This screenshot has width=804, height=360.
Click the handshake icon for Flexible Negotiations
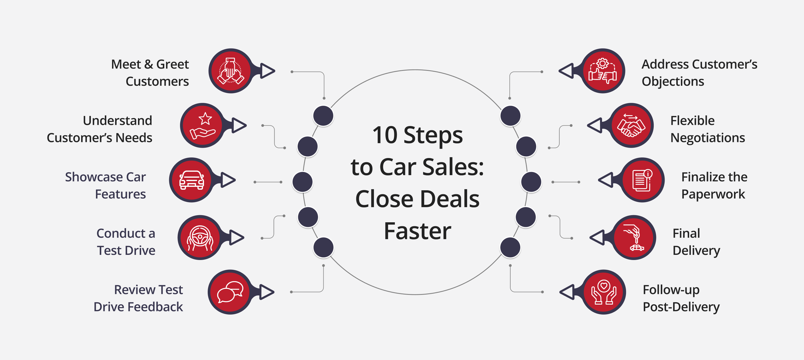coord(631,125)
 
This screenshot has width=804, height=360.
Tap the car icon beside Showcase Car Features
coord(192,180)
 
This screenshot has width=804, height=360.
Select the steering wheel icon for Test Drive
coord(200,238)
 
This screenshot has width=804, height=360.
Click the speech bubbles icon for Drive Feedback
coord(230,292)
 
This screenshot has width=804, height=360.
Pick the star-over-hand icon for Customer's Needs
coord(203,125)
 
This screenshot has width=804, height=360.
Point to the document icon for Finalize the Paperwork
coord(642,180)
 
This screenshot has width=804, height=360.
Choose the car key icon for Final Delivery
coord(634,238)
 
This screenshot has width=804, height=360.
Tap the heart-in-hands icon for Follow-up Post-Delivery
coord(604,292)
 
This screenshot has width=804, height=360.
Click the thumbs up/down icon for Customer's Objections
coord(603,71)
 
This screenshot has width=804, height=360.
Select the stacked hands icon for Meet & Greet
coord(231,71)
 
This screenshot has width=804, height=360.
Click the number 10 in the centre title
coord(385,135)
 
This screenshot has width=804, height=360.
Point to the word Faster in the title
coord(417,231)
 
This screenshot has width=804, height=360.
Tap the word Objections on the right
coord(673,81)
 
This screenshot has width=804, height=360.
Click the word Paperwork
coord(713,194)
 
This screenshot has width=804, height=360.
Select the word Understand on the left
coord(117,121)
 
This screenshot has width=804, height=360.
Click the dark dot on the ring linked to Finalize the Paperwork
coord(531,182)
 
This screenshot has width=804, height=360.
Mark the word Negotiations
coord(707,138)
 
